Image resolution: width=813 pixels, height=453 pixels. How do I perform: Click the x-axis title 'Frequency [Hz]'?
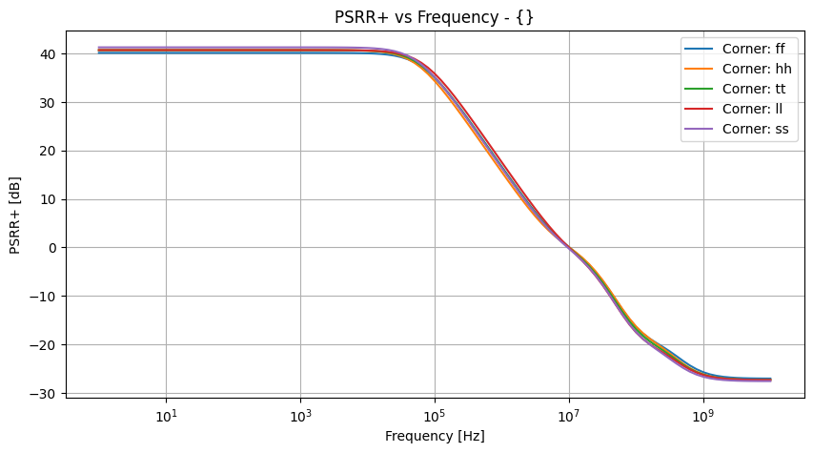[x=435, y=436]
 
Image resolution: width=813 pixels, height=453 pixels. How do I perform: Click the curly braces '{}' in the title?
[x=526, y=17]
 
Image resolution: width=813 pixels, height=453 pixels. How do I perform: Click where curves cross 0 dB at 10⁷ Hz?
[x=569, y=247]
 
